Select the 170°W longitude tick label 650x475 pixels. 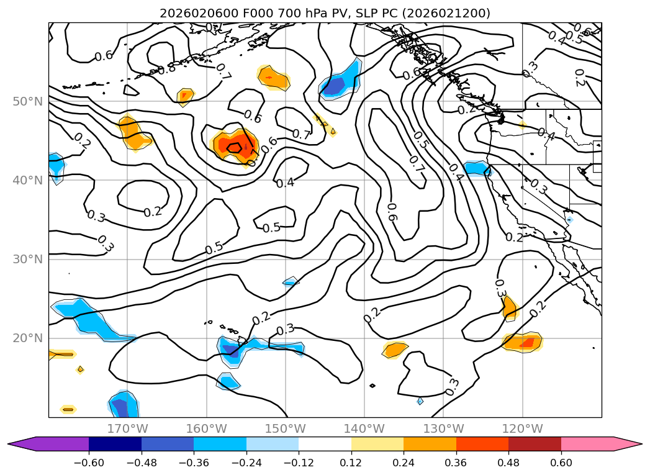127,428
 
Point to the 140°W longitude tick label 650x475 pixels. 364,428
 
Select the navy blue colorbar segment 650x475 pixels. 115,443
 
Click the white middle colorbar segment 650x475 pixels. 325,443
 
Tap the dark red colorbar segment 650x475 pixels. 535,443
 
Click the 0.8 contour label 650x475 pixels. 166,68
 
